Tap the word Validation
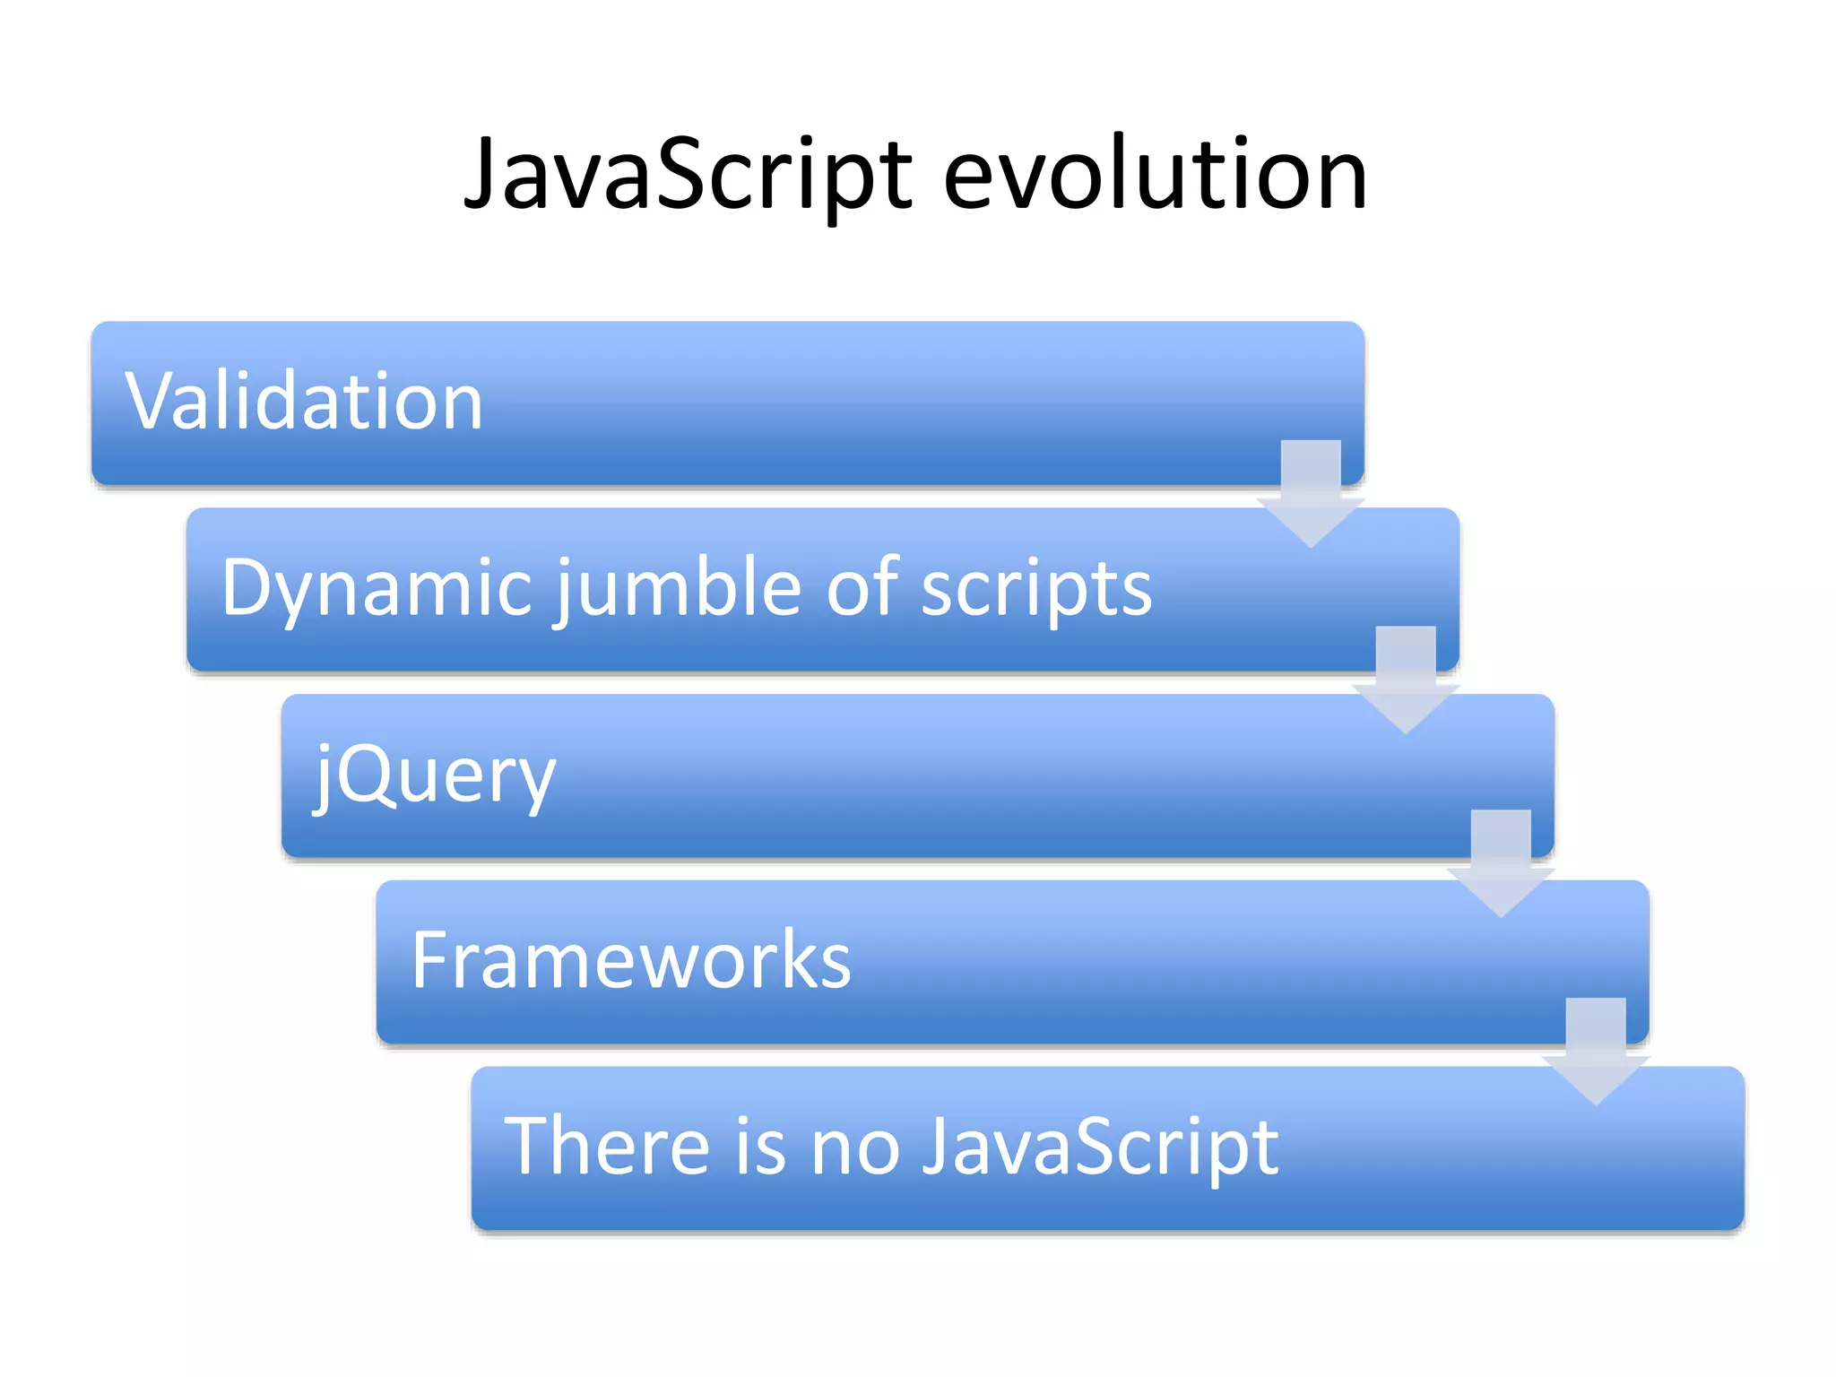coord(305,402)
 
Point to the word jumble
coord(681,588)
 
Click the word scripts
coord(1036,588)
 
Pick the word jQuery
coord(436,775)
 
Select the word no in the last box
coord(855,1147)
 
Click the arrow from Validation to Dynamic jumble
coord(1311,493)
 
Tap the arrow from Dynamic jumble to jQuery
coord(1406,680)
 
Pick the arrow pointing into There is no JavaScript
coord(1596,1051)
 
